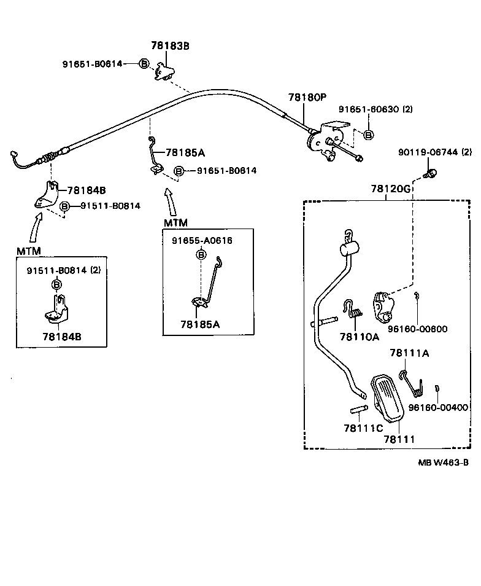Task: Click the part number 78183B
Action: (x=170, y=45)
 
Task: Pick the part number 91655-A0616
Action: (x=201, y=241)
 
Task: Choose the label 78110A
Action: (x=359, y=337)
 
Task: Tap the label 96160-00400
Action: (x=438, y=407)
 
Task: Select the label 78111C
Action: (x=363, y=428)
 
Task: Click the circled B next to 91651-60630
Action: (x=368, y=135)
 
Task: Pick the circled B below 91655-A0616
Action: (x=201, y=254)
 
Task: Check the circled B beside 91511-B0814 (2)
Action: (x=56, y=284)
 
